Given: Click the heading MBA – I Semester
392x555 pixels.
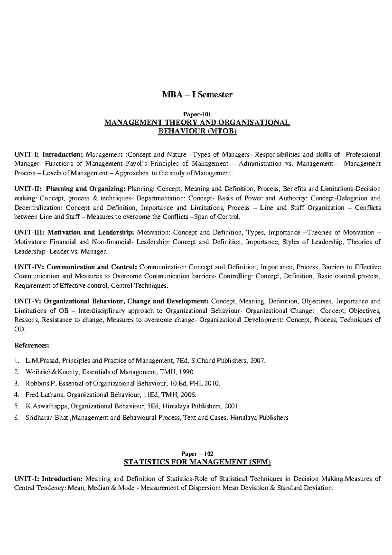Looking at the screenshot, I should point(197,95).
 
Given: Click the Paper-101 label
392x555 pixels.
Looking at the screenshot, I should point(197,115).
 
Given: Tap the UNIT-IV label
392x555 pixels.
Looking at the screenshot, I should point(28,267).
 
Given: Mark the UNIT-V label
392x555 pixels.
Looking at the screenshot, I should point(27,301).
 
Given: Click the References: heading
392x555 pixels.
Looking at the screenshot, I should point(32,345).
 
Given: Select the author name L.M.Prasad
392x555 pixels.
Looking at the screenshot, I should point(42,361).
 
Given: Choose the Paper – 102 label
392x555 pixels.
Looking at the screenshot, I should point(197,454).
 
